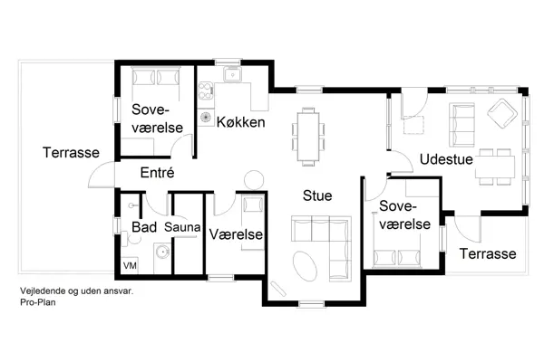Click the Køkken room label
pyautogui.click(x=240, y=121)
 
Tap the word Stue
pyautogui.click(x=316, y=195)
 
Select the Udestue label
pyautogui.click(x=442, y=160)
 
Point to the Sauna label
pyautogui.click(x=181, y=226)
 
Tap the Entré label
pyautogui.click(x=157, y=171)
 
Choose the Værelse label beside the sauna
pyautogui.click(x=236, y=234)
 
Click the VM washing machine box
pyautogui.click(x=130, y=265)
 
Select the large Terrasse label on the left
pyautogui.click(x=70, y=153)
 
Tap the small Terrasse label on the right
pyautogui.click(x=488, y=254)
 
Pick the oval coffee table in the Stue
pyautogui.click(x=306, y=267)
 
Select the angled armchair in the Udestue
pyautogui.click(x=500, y=113)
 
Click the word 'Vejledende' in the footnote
pyautogui.click(x=42, y=292)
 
